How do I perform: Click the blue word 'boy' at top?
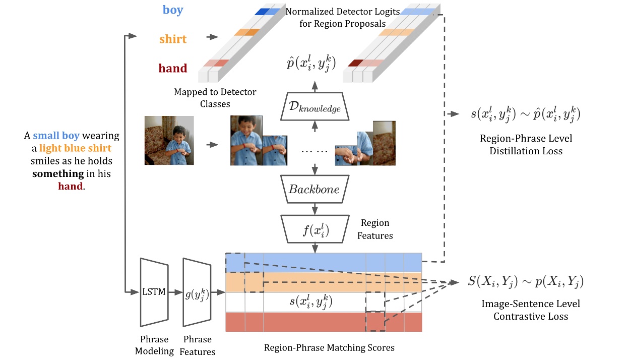click(172, 10)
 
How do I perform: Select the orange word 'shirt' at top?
click(172, 39)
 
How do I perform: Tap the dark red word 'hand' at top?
click(172, 68)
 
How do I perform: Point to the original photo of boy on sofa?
click(169, 141)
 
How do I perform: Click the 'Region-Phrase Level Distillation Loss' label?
click(526, 144)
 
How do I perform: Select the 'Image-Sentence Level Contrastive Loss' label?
click(530, 310)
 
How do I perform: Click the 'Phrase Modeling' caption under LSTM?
click(154, 345)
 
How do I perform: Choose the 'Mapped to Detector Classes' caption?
click(215, 98)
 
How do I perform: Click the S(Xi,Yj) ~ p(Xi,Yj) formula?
click(526, 282)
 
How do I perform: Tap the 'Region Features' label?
click(375, 229)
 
